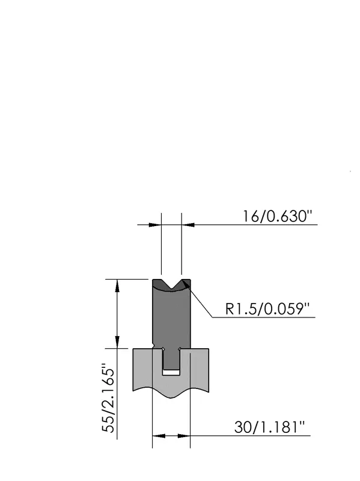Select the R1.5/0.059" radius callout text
tap(267, 308)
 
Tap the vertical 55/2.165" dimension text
tap(109, 397)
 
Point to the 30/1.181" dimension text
tap(269, 427)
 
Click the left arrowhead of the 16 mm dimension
tap(155, 225)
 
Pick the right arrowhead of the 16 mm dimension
tap(188, 225)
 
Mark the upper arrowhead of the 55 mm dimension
tap(117, 286)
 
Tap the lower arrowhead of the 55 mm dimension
tap(117, 342)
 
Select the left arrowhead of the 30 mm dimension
tap(159, 435)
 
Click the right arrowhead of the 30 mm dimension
tap(184, 435)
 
